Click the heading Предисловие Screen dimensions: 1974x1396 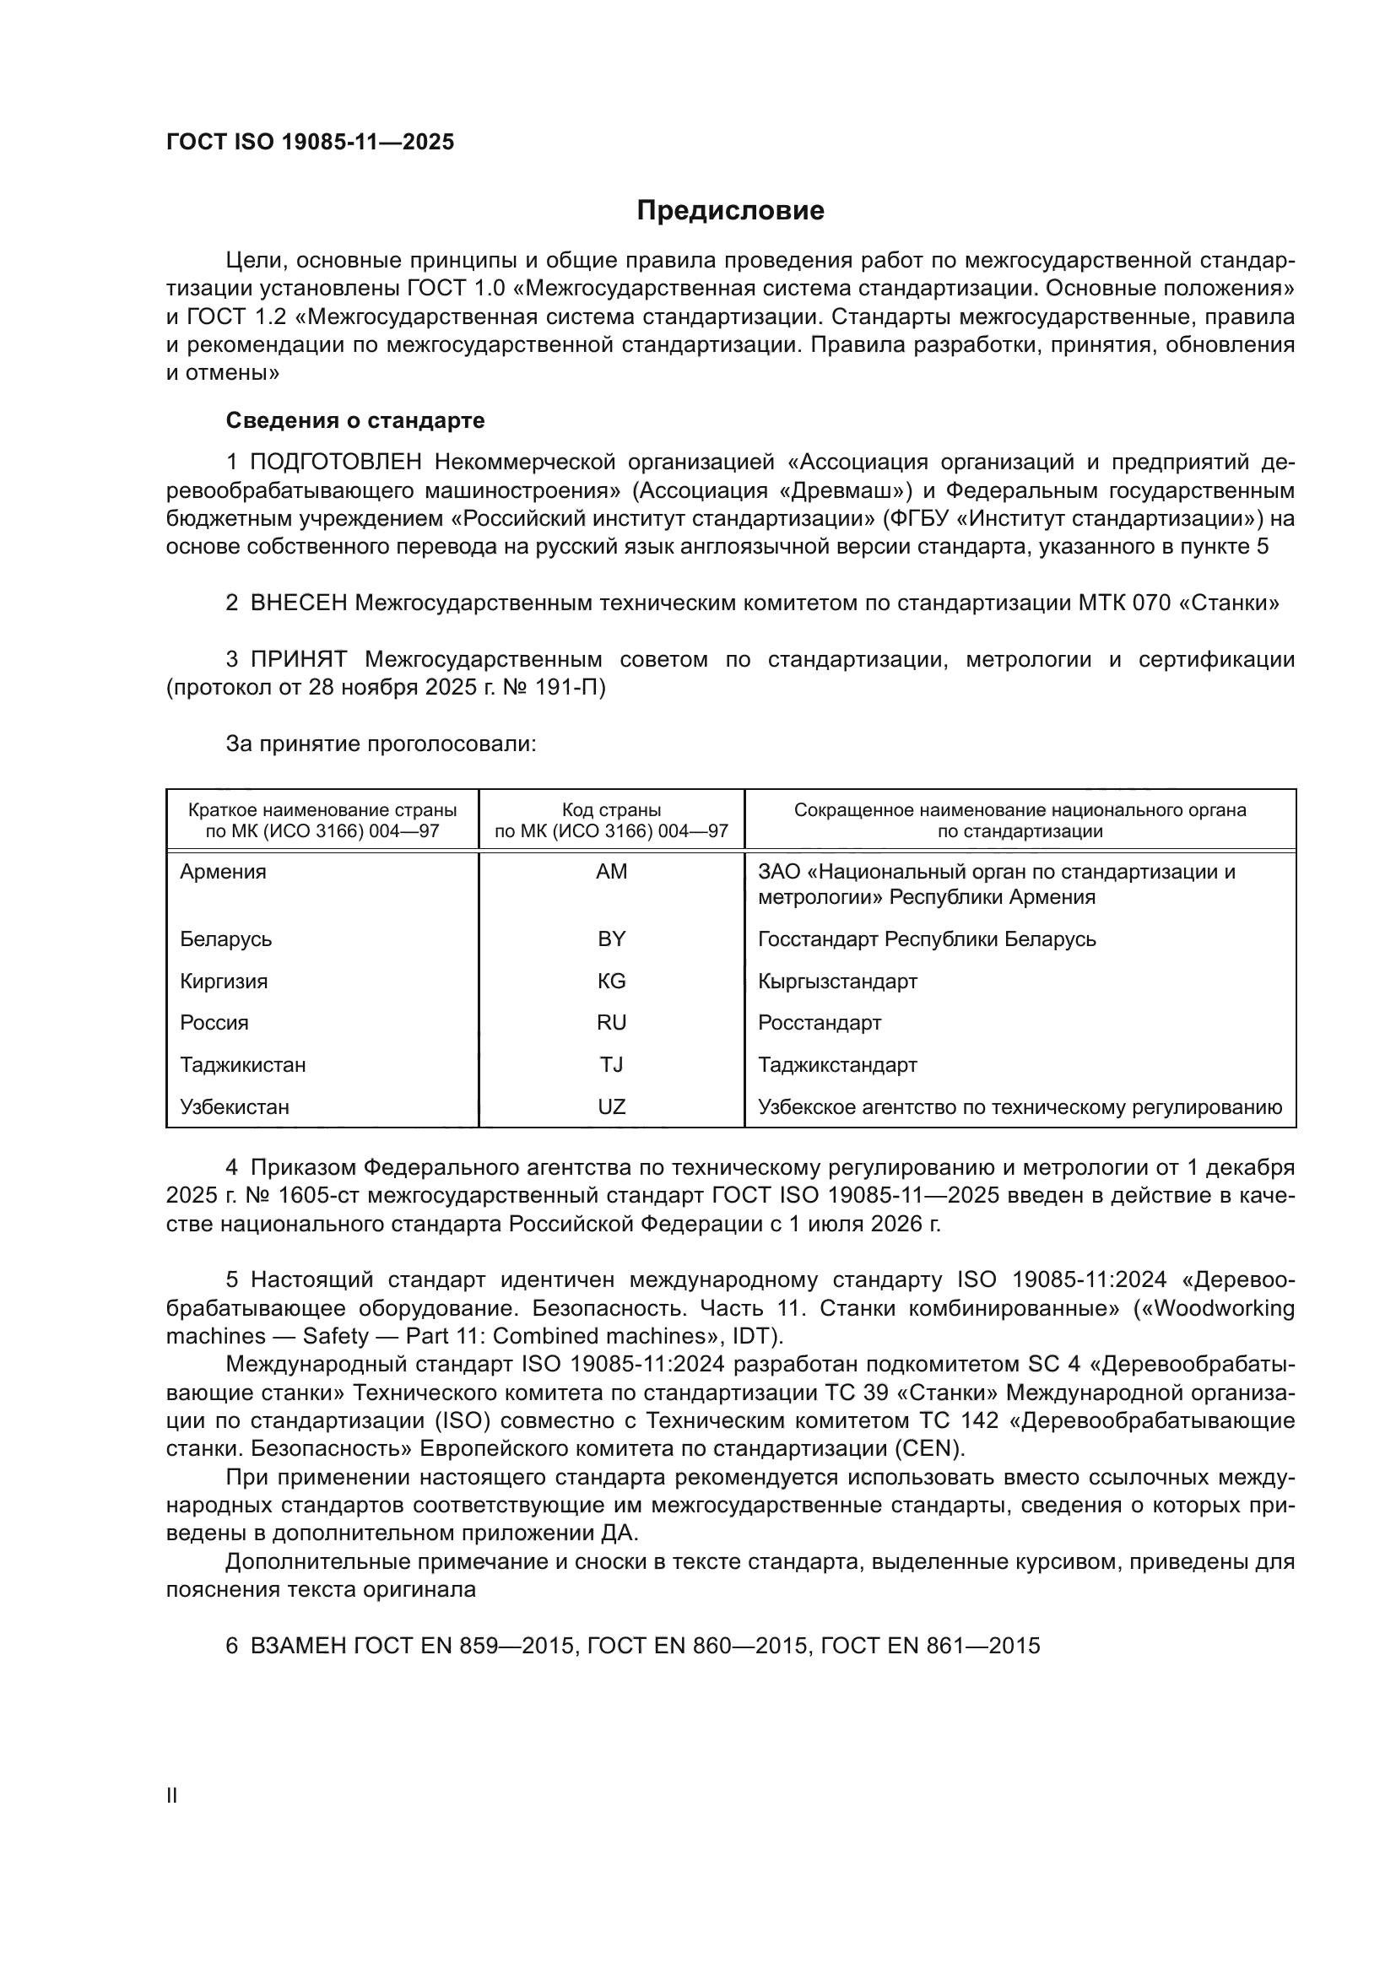(x=730, y=211)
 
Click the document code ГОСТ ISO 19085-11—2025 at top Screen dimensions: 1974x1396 (x=310, y=143)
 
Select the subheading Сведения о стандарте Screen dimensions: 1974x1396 (x=355, y=420)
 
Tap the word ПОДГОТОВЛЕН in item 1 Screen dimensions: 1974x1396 (x=335, y=462)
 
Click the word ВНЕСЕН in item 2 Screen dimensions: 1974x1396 (x=298, y=603)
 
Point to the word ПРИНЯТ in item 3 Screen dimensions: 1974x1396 (x=298, y=659)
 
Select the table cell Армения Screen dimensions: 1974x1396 (x=223, y=872)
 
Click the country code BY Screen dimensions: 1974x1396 (x=611, y=938)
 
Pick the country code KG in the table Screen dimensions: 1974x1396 (x=611, y=981)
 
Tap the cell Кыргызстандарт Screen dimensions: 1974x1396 (x=837, y=981)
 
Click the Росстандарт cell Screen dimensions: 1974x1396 (x=820, y=1023)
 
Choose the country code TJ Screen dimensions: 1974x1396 (x=611, y=1065)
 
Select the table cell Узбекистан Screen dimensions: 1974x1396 (x=234, y=1107)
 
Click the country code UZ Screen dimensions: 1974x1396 (x=611, y=1107)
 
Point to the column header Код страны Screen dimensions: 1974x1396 (x=611, y=810)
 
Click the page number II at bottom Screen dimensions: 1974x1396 (x=172, y=1796)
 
